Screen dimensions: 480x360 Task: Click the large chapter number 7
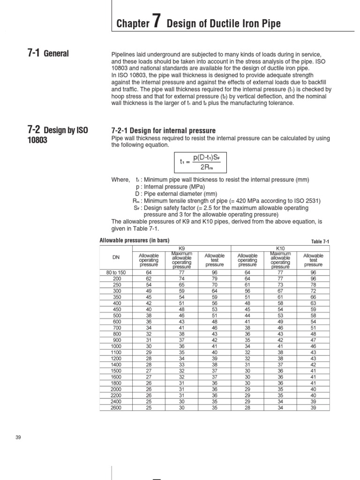click(157, 22)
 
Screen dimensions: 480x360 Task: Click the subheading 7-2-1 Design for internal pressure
click(163, 130)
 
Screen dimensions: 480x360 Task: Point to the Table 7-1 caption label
click(321, 241)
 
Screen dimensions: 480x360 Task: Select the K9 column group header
click(182, 248)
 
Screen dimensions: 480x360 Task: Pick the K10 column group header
click(280, 248)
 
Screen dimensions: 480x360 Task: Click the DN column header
click(116, 258)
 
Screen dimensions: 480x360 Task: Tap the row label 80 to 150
click(116, 272)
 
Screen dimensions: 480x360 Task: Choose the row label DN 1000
click(116, 345)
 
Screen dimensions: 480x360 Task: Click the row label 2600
click(116, 408)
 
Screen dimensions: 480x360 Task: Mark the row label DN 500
click(116, 315)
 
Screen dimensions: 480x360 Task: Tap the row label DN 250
click(116, 285)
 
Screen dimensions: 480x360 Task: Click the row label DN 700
click(116, 327)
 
